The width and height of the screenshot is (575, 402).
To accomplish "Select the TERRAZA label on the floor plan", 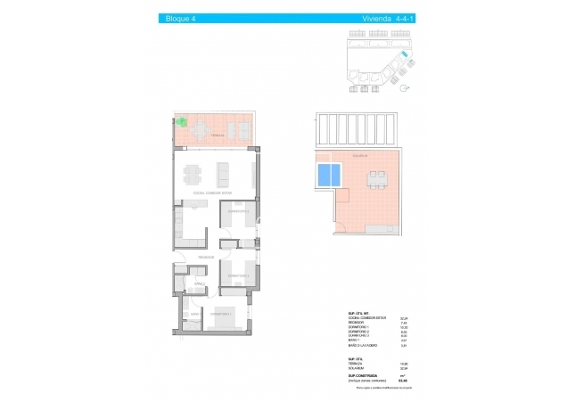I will point(203,137).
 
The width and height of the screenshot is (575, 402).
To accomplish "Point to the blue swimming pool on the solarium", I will point(328,174).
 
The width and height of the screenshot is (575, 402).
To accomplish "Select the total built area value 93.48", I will point(402,381).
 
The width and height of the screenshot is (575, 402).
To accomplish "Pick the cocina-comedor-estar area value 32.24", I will point(403,317).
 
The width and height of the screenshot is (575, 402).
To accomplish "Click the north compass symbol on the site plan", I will point(405,86).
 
